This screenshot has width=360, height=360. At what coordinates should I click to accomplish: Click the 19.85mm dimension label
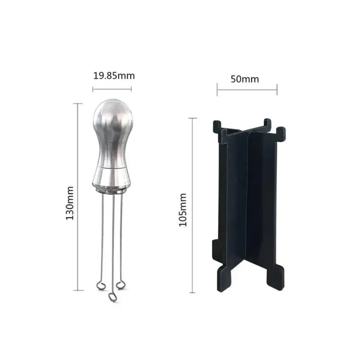pos(113,75)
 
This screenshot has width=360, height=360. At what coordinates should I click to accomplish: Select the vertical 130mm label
pos(70,203)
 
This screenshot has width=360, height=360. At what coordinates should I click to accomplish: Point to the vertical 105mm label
pos(183,210)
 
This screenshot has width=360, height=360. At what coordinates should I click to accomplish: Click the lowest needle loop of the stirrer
pos(111,297)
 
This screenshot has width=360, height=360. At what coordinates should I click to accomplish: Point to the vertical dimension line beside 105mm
pos(193,205)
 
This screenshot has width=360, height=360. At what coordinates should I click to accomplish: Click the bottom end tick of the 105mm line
pos(193,292)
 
